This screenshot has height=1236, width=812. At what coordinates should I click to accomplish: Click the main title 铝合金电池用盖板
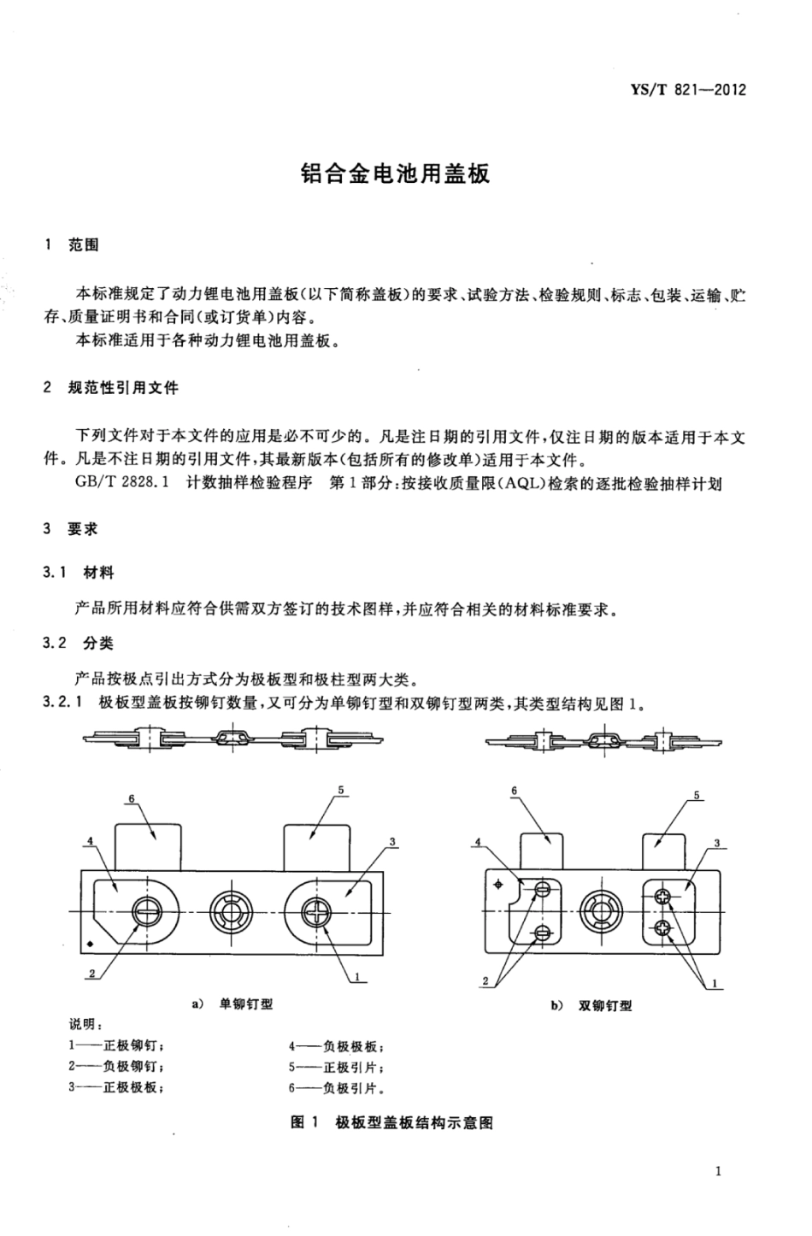tap(395, 174)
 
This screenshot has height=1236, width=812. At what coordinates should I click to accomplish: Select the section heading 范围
tap(84, 245)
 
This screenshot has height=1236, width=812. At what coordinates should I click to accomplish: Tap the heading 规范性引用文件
tap(123, 387)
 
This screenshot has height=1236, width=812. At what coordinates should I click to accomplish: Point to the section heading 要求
tap(84, 528)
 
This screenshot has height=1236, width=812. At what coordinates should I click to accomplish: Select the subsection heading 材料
tap(99, 572)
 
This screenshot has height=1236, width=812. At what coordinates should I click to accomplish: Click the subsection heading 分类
tap(99, 643)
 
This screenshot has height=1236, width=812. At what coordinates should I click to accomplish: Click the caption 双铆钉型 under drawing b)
tap(605, 1005)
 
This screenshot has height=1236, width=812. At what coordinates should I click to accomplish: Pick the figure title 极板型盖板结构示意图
tap(414, 1121)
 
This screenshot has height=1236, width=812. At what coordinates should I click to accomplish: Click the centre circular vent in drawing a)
tap(231, 911)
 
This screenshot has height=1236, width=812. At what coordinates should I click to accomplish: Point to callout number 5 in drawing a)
tap(341, 791)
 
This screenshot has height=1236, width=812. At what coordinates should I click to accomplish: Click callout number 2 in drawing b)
tap(486, 981)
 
